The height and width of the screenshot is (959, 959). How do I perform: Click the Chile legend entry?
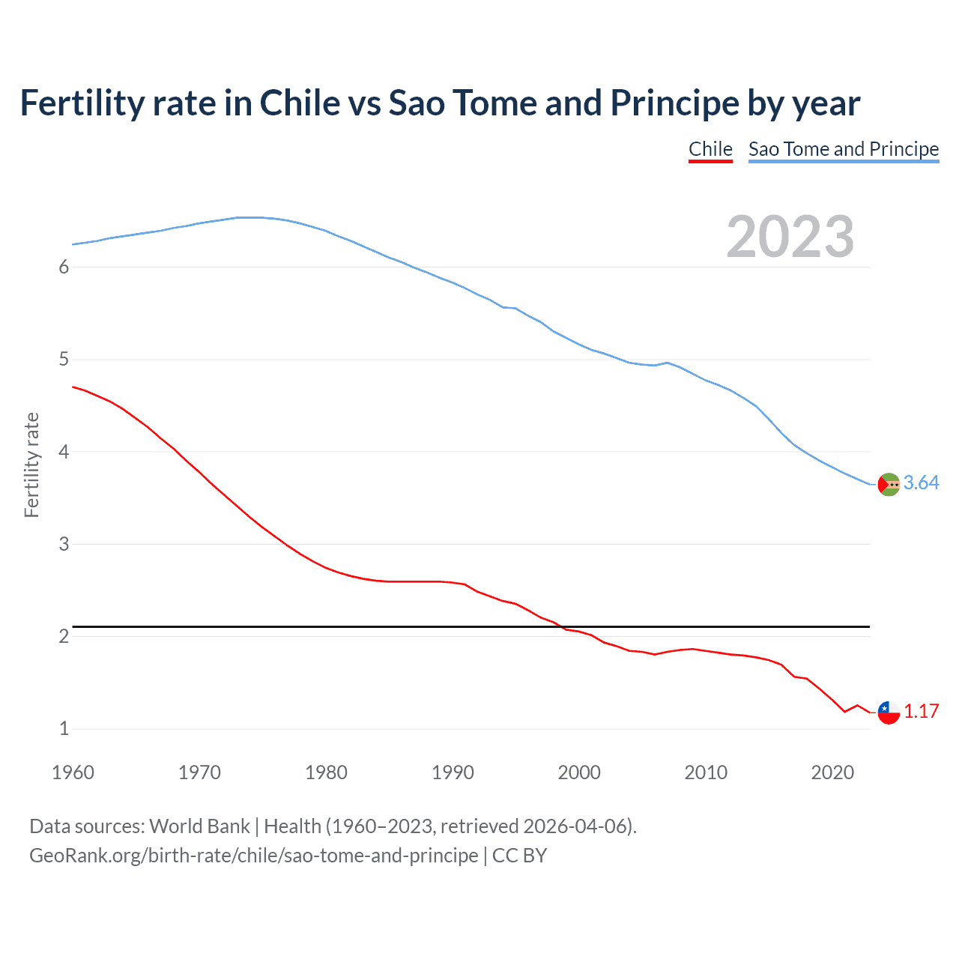tap(710, 149)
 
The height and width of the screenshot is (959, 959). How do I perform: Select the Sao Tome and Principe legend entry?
tap(843, 149)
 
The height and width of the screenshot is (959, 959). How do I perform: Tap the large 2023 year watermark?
tap(790, 237)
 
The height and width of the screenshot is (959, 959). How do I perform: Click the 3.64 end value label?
tap(921, 483)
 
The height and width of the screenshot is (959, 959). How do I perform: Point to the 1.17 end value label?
tap(921, 712)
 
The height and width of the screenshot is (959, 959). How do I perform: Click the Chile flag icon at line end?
tap(889, 713)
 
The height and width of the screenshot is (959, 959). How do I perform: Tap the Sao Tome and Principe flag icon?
tap(889, 485)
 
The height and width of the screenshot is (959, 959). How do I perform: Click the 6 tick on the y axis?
tap(64, 267)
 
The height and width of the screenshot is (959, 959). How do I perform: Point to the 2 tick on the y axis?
tap(64, 637)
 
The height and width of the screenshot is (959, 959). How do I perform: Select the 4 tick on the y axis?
tap(64, 452)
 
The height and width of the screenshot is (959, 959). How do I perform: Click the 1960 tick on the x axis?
tap(73, 772)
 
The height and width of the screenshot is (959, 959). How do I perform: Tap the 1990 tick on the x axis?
tap(453, 772)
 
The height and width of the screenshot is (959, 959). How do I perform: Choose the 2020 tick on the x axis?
tap(832, 772)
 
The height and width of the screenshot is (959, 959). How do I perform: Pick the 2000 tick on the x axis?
tap(579, 772)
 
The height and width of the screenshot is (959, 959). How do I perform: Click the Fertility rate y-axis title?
tap(31, 465)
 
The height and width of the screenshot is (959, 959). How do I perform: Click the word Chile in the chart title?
tap(300, 103)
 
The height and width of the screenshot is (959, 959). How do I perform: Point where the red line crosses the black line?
tap(562, 626)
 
